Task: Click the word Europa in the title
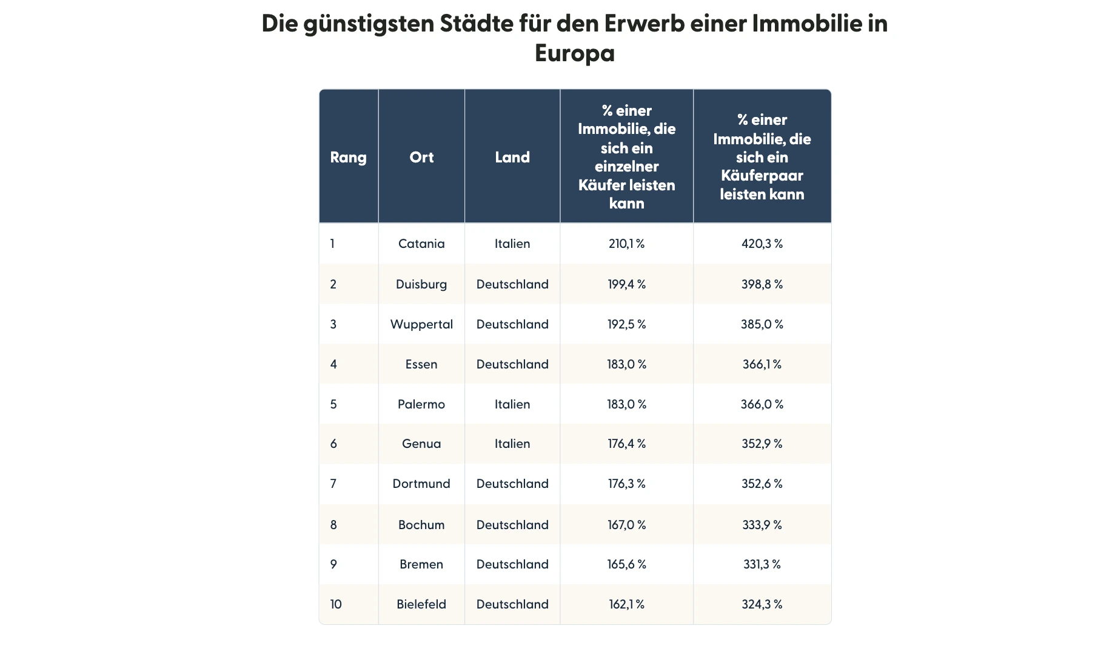point(574,53)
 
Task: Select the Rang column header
point(348,158)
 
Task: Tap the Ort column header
point(421,158)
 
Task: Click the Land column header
point(512,158)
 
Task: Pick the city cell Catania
point(421,244)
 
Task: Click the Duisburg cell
point(421,284)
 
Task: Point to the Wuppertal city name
point(421,324)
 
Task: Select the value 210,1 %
point(626,244)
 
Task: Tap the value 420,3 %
point(762,244)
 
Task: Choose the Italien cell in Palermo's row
point(512,404)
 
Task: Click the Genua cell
point(421,444)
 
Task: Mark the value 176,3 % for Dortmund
point(626,484)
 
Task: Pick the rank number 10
point(336,604)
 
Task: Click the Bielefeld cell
point(421,604)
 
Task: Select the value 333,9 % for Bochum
point(762,525)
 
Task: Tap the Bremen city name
point(421,564)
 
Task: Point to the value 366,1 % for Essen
point(762,364)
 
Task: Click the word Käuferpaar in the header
point(762,176)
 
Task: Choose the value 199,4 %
point(626,284)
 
